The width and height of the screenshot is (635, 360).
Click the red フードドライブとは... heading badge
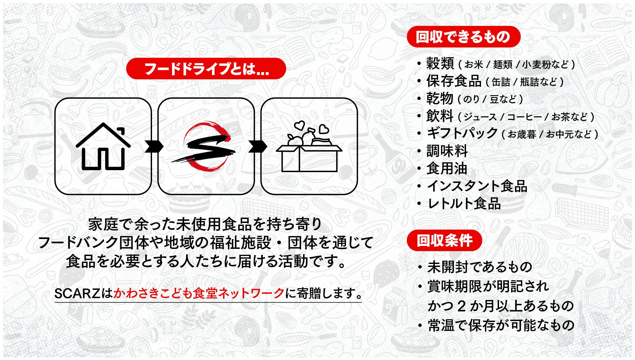(206, 69)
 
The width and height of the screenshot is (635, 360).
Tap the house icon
(103, 147)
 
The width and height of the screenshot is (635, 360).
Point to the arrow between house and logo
(154, 146)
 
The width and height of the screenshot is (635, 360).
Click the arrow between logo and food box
(258, 146)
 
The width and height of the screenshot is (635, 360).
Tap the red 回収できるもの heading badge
(463, 37)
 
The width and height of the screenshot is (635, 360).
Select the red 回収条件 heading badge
(444, 241)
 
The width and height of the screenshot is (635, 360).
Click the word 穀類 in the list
(440, 64)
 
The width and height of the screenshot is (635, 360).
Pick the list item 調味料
(447, 151)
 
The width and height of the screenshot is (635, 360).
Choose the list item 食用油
(447, 169)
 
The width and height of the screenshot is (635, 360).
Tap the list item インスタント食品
(477, 186)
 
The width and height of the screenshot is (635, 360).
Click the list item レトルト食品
(464, 204)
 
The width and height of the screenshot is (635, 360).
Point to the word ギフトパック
(462, 133)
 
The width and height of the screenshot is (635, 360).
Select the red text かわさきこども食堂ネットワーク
(199, 293)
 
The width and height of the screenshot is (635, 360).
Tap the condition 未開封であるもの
(480, 267)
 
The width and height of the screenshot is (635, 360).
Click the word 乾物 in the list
(440, 98)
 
